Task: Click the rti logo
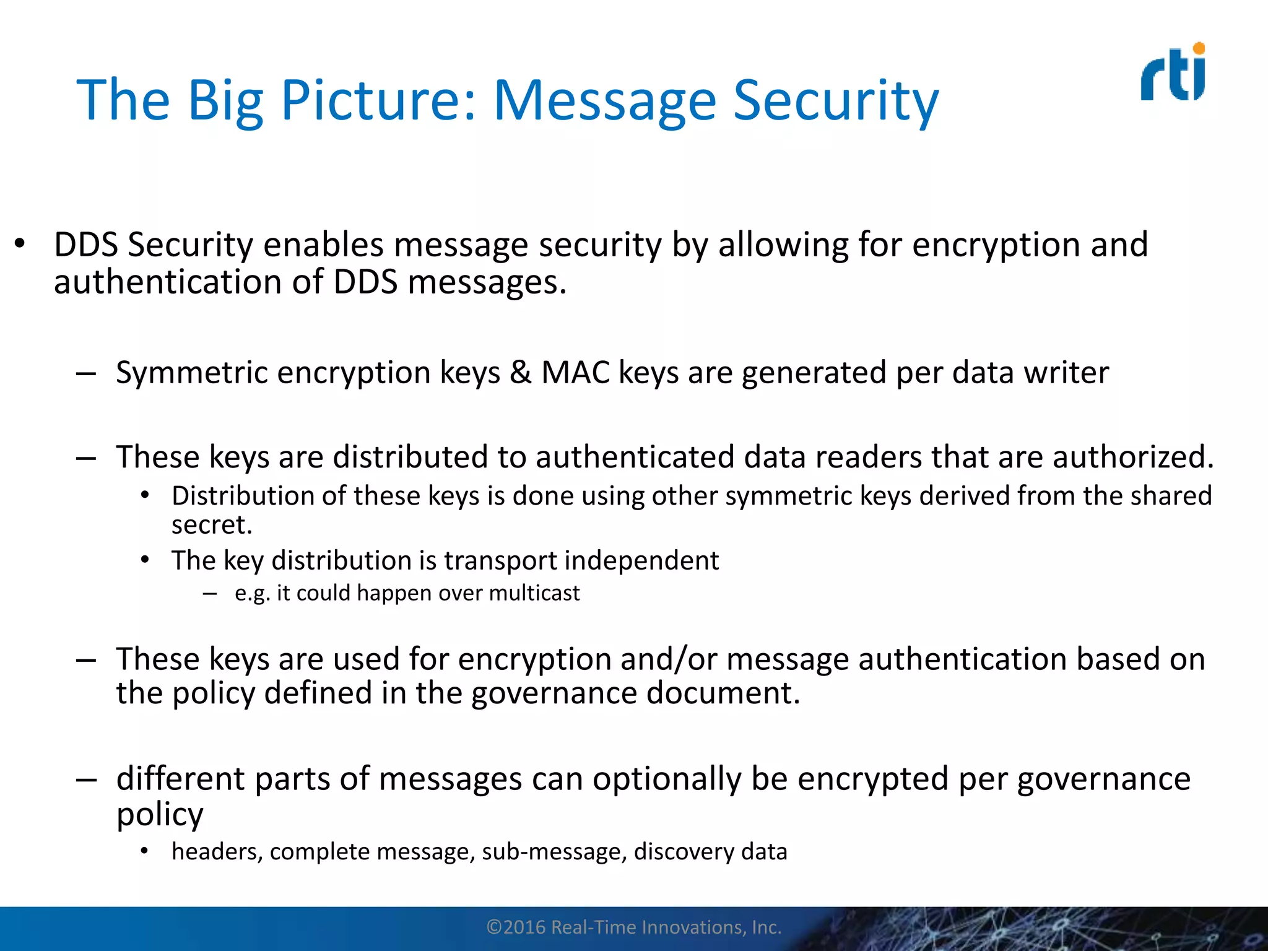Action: click(x=1173, y=72)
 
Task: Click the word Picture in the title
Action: click(x=378, y=100)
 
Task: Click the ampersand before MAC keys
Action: click(x=521, y=373)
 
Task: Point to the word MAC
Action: click(x=575, y=373)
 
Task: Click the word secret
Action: click(x=211, y=526)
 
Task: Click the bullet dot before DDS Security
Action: click(x=20, y=244)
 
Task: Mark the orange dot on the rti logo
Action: click(x=1199, y=48)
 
